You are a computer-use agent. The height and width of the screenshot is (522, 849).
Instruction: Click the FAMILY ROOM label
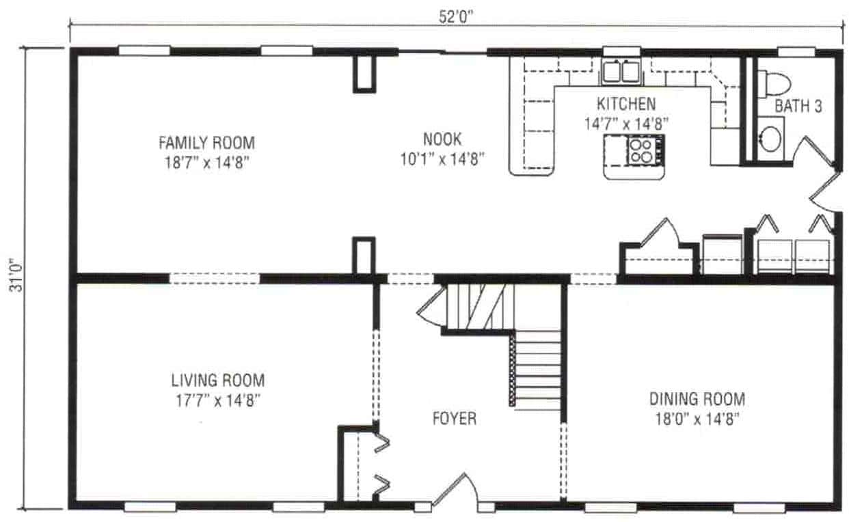pyautogui.click(x=206, y=143)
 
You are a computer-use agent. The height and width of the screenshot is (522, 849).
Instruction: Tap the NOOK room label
pyautogui.click(x=442, y=139)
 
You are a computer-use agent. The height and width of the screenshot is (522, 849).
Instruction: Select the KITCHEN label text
pyautogui.click(x=626, y=105)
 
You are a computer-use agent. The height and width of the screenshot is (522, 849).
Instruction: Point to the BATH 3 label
pyautogui.click(x=798, y=107)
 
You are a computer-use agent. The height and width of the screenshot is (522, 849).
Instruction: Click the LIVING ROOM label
pyautogui.click(x=217, y=381)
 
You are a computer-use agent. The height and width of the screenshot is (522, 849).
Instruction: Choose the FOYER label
pyautogui.click(x=454, y=418)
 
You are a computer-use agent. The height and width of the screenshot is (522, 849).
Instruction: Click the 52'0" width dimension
pyautogui.click(x=456, y=17)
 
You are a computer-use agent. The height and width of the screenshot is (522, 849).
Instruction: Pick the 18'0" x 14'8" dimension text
pyautogui.click(x=697, y=419)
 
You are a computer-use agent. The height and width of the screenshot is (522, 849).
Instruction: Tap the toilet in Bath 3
pyautogui.click(x=776, y=83)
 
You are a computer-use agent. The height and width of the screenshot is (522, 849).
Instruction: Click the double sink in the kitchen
pyautogui.click(x=621, y=70)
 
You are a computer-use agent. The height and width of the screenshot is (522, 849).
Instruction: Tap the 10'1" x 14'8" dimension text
pyautogui.click(x=442, y=159)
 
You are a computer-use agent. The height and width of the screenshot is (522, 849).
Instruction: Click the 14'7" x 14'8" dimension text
pyautogui.click(x=626, y=124)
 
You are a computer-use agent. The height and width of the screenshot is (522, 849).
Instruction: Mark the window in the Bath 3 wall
pyautogui.click(x=796, y=51)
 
